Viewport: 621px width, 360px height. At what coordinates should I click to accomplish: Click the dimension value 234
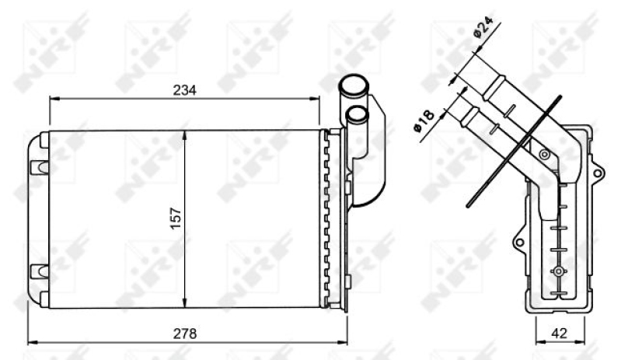[x=184, y=90]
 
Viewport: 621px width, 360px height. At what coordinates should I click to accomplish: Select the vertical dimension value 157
[x=176, y=218]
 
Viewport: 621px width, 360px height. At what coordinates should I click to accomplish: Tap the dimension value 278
[x=184, y=334]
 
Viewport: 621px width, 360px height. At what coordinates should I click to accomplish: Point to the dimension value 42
[x=559, y=333]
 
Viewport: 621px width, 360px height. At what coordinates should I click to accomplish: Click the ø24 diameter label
[x=483, y=27]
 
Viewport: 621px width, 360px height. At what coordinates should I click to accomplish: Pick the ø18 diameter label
[x=424, y=121]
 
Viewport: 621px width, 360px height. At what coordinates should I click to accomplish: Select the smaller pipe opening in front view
[x=357, y=114]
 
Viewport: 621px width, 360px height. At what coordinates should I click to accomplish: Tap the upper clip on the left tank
[x=39, y=167]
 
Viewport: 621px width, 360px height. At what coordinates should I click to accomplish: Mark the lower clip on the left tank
[x=39, y=271]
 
